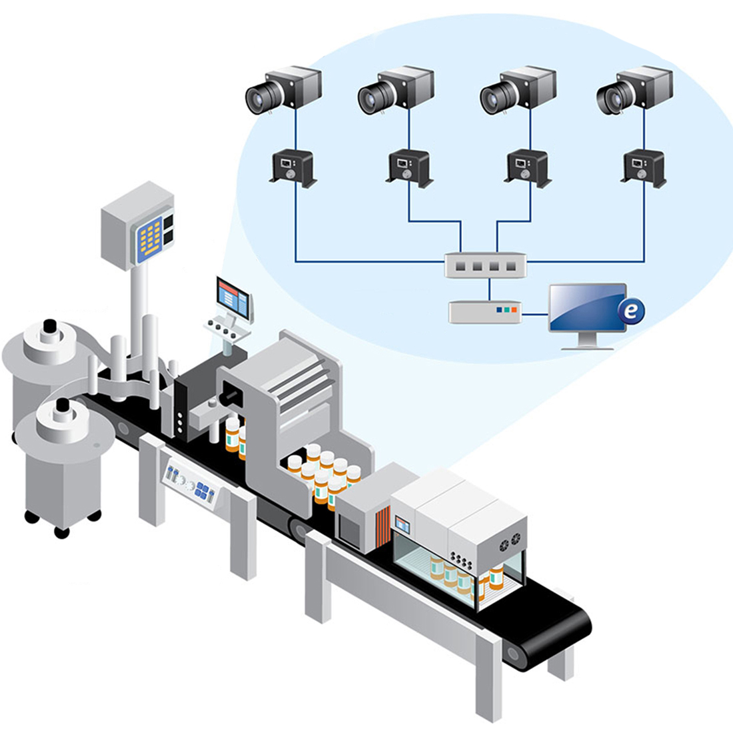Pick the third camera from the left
pyautogui.click(x=518, y=90)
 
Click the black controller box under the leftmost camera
pyautogui.click(x=293, y=167)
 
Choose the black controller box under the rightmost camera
pyautogui.click(x=643, y=167)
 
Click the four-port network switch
pyautogui.click(x=486, y=265)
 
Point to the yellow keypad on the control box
pyautogui.click(x=151, y=238)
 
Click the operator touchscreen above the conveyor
pyautogui.click(x=233, y=298)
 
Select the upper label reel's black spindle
pyautogui.click(x=50, y=328)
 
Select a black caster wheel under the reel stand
pyautogui.click(x=61, y=532)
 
